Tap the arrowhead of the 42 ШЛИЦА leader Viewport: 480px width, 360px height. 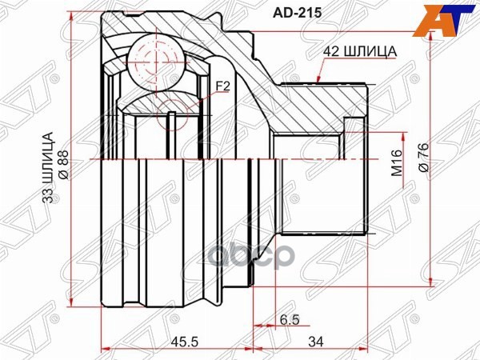(x=318, y=80)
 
